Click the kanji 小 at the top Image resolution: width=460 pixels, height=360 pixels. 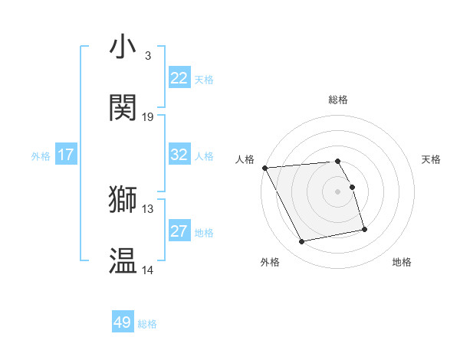[123, 47]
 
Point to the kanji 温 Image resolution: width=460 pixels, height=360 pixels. [123, 260]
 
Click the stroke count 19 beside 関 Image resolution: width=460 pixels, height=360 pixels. [148, 116]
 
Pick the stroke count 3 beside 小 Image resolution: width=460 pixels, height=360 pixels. [148, 55]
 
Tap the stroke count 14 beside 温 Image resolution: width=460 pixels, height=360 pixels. [148, 270]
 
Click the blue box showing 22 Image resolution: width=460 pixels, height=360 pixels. [179, 78]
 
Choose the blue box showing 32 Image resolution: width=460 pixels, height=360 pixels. [179, 155]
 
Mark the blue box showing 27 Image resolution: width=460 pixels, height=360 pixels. [179, 231]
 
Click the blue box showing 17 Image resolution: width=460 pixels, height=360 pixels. [66, 155]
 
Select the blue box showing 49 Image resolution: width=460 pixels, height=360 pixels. [123, 322]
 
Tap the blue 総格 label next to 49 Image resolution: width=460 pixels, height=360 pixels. [148, 324]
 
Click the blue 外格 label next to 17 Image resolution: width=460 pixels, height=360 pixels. [41, 156]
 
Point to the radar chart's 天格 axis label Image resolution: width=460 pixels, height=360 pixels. [432, 159]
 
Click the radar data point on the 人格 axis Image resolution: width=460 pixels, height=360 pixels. [264, 168]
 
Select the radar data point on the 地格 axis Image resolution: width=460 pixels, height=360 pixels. [364, 229]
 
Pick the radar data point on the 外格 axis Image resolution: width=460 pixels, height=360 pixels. [302, 242]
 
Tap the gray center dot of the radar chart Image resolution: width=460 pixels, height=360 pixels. [338, 191]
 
